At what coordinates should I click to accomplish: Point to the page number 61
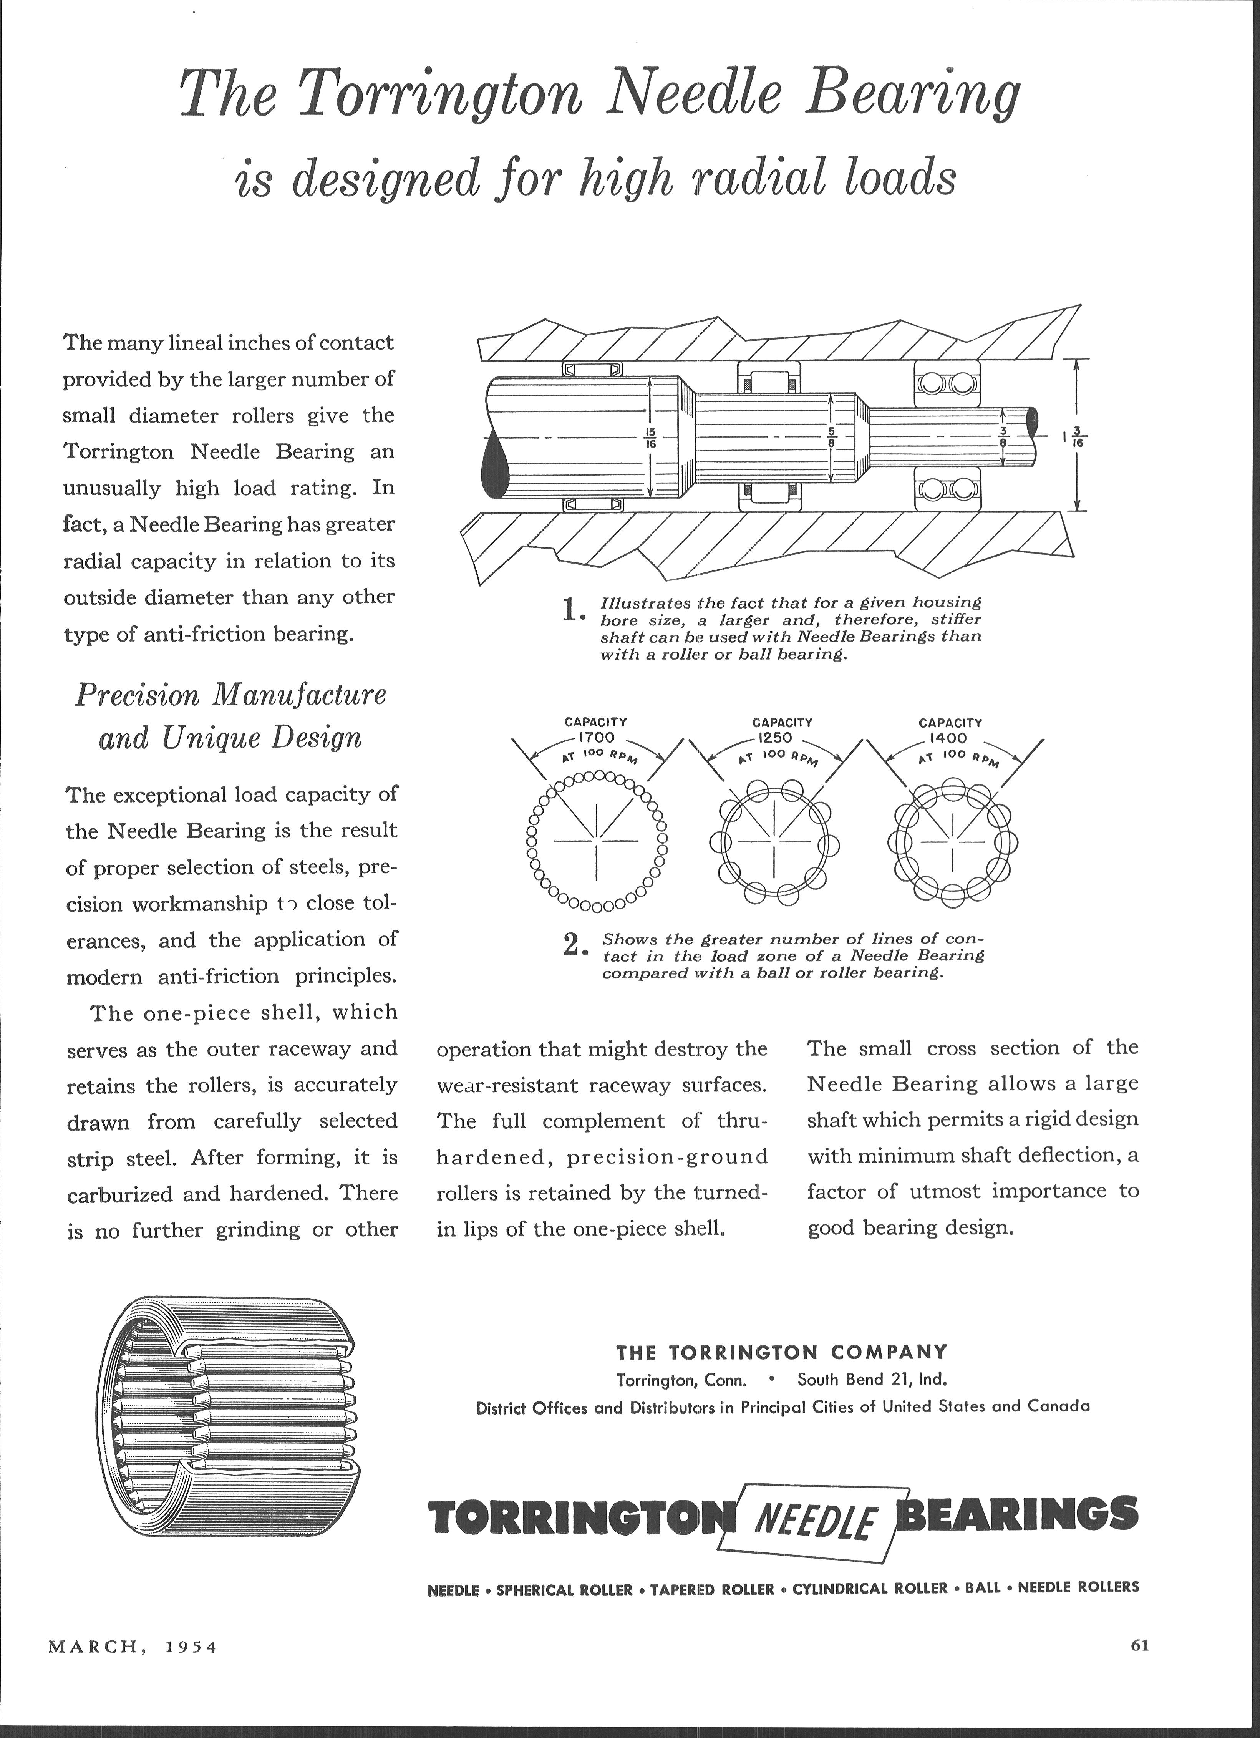point(1141,1645)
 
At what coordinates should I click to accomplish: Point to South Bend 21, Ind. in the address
point(872,1379)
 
